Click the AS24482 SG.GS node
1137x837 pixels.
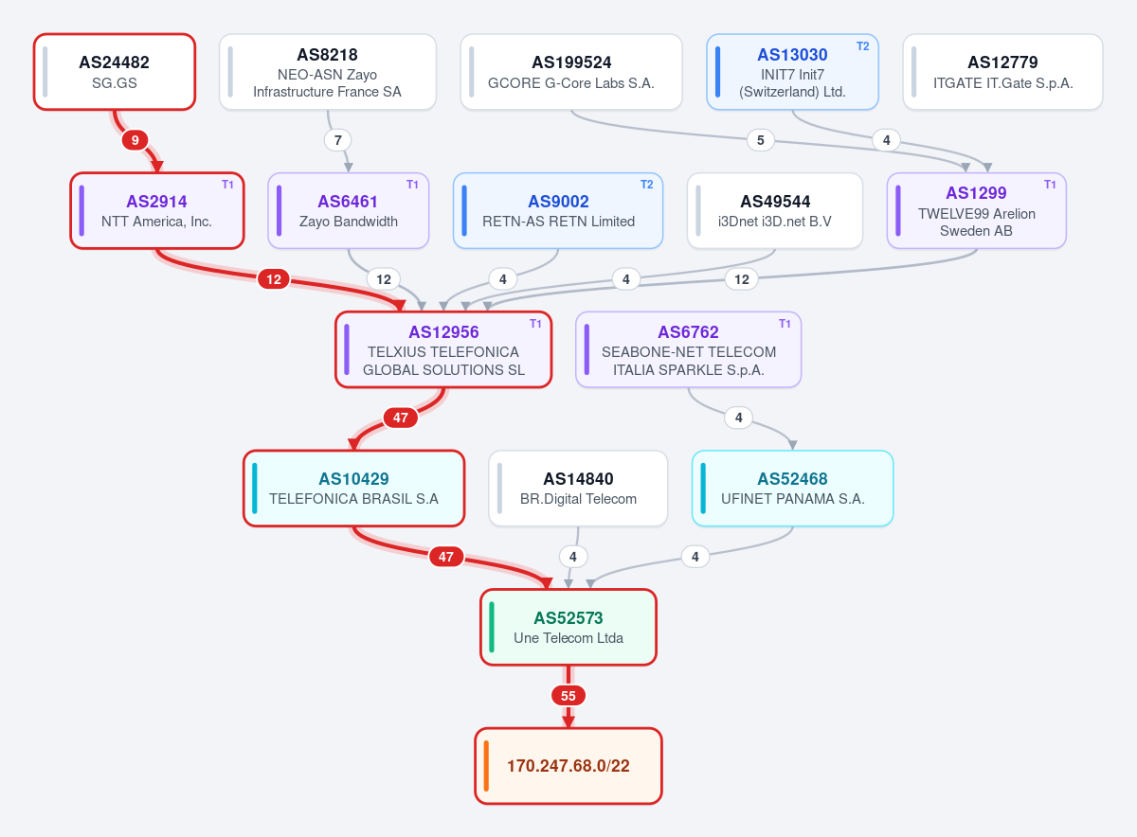point(115,72)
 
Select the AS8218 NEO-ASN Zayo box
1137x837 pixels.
point(328,72)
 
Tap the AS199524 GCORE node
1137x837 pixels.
point(571,72)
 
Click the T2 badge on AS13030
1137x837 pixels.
point(862,46)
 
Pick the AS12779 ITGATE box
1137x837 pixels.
point(1002,72)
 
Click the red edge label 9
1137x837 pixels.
point(135,140)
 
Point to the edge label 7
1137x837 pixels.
point(338,140)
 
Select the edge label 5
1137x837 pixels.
point(760,140)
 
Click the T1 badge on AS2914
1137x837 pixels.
point(227,185)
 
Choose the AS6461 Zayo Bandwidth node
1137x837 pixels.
point(349,210)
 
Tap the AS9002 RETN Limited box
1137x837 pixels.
point(558,210)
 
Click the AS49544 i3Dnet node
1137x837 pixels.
point(775,210)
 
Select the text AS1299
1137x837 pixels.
point(976,193)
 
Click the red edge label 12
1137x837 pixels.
point(274,279)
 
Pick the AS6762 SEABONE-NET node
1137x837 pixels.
point(688,349)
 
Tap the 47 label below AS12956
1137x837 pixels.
point(401,418)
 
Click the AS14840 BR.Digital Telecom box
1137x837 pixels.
point(578,489)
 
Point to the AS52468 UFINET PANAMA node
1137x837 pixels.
point(792,489)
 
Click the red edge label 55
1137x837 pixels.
point(568,696)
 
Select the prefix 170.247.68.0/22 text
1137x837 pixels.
point(568,765)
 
